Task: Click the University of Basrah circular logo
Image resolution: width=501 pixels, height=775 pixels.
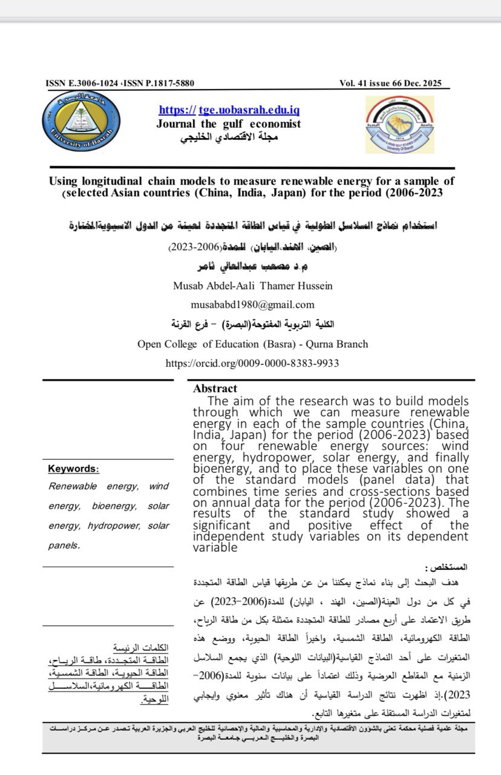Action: coord(82,122)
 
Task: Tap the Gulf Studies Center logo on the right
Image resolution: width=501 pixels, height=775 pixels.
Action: coord(399,124)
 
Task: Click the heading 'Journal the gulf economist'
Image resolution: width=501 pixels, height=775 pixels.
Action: coord(228,124)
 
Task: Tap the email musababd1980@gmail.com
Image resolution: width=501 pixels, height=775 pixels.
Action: coord(252,305)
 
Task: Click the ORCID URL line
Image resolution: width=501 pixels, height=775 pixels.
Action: coord(252,363)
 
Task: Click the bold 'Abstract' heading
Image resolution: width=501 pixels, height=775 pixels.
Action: coord(215,389)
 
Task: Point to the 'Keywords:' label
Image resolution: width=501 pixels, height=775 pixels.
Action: coord(74,469)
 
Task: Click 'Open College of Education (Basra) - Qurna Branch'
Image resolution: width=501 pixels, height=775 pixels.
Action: coord(252,344)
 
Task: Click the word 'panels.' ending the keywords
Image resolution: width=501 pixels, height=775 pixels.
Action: coord(64,545)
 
